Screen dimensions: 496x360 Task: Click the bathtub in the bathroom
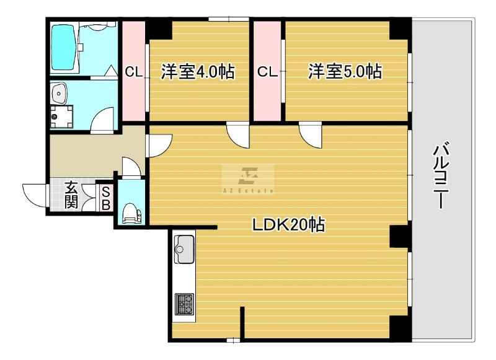tap(64, 47)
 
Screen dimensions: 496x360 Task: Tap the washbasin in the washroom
tap(58, 93)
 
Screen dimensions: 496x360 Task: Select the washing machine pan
tap(61, 116)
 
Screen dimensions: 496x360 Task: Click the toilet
tap(131, 213)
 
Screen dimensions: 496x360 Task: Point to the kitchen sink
tap(184, 249)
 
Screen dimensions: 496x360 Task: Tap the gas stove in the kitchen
tap(185, 304)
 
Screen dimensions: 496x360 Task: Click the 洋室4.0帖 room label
tap(198, 72)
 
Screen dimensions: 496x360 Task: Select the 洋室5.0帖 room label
tap(345, 71)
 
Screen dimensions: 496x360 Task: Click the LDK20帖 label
tap(288, 225)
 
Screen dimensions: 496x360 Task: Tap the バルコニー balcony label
tap(441, 176)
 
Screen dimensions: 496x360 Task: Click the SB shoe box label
tap(106, 198)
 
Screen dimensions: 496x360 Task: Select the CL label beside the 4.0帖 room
tap(134, 72)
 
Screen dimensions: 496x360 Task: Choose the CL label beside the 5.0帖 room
tap(268, 72)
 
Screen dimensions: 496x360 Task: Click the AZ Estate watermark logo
tap(248, 179)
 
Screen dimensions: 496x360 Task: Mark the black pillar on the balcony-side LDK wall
tap(401, 237)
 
